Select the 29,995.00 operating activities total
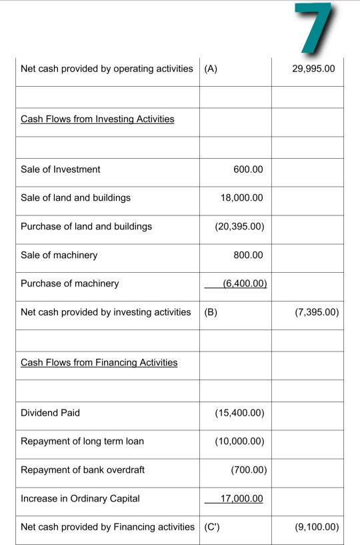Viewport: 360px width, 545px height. [313, 69]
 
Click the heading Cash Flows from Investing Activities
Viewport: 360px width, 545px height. [97, 119]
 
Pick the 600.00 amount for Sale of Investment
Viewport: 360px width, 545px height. [248, 169]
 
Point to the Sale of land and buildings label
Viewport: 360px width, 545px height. [75, 197]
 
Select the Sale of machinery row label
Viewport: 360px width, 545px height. [59, 255]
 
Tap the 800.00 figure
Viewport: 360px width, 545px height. [249, 255]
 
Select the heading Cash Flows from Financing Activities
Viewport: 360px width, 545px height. [99, 362]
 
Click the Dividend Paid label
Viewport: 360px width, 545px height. [50, 413]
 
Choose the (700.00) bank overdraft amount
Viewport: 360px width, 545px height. [249, 470]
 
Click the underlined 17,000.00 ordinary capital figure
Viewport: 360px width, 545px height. [241, 498]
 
